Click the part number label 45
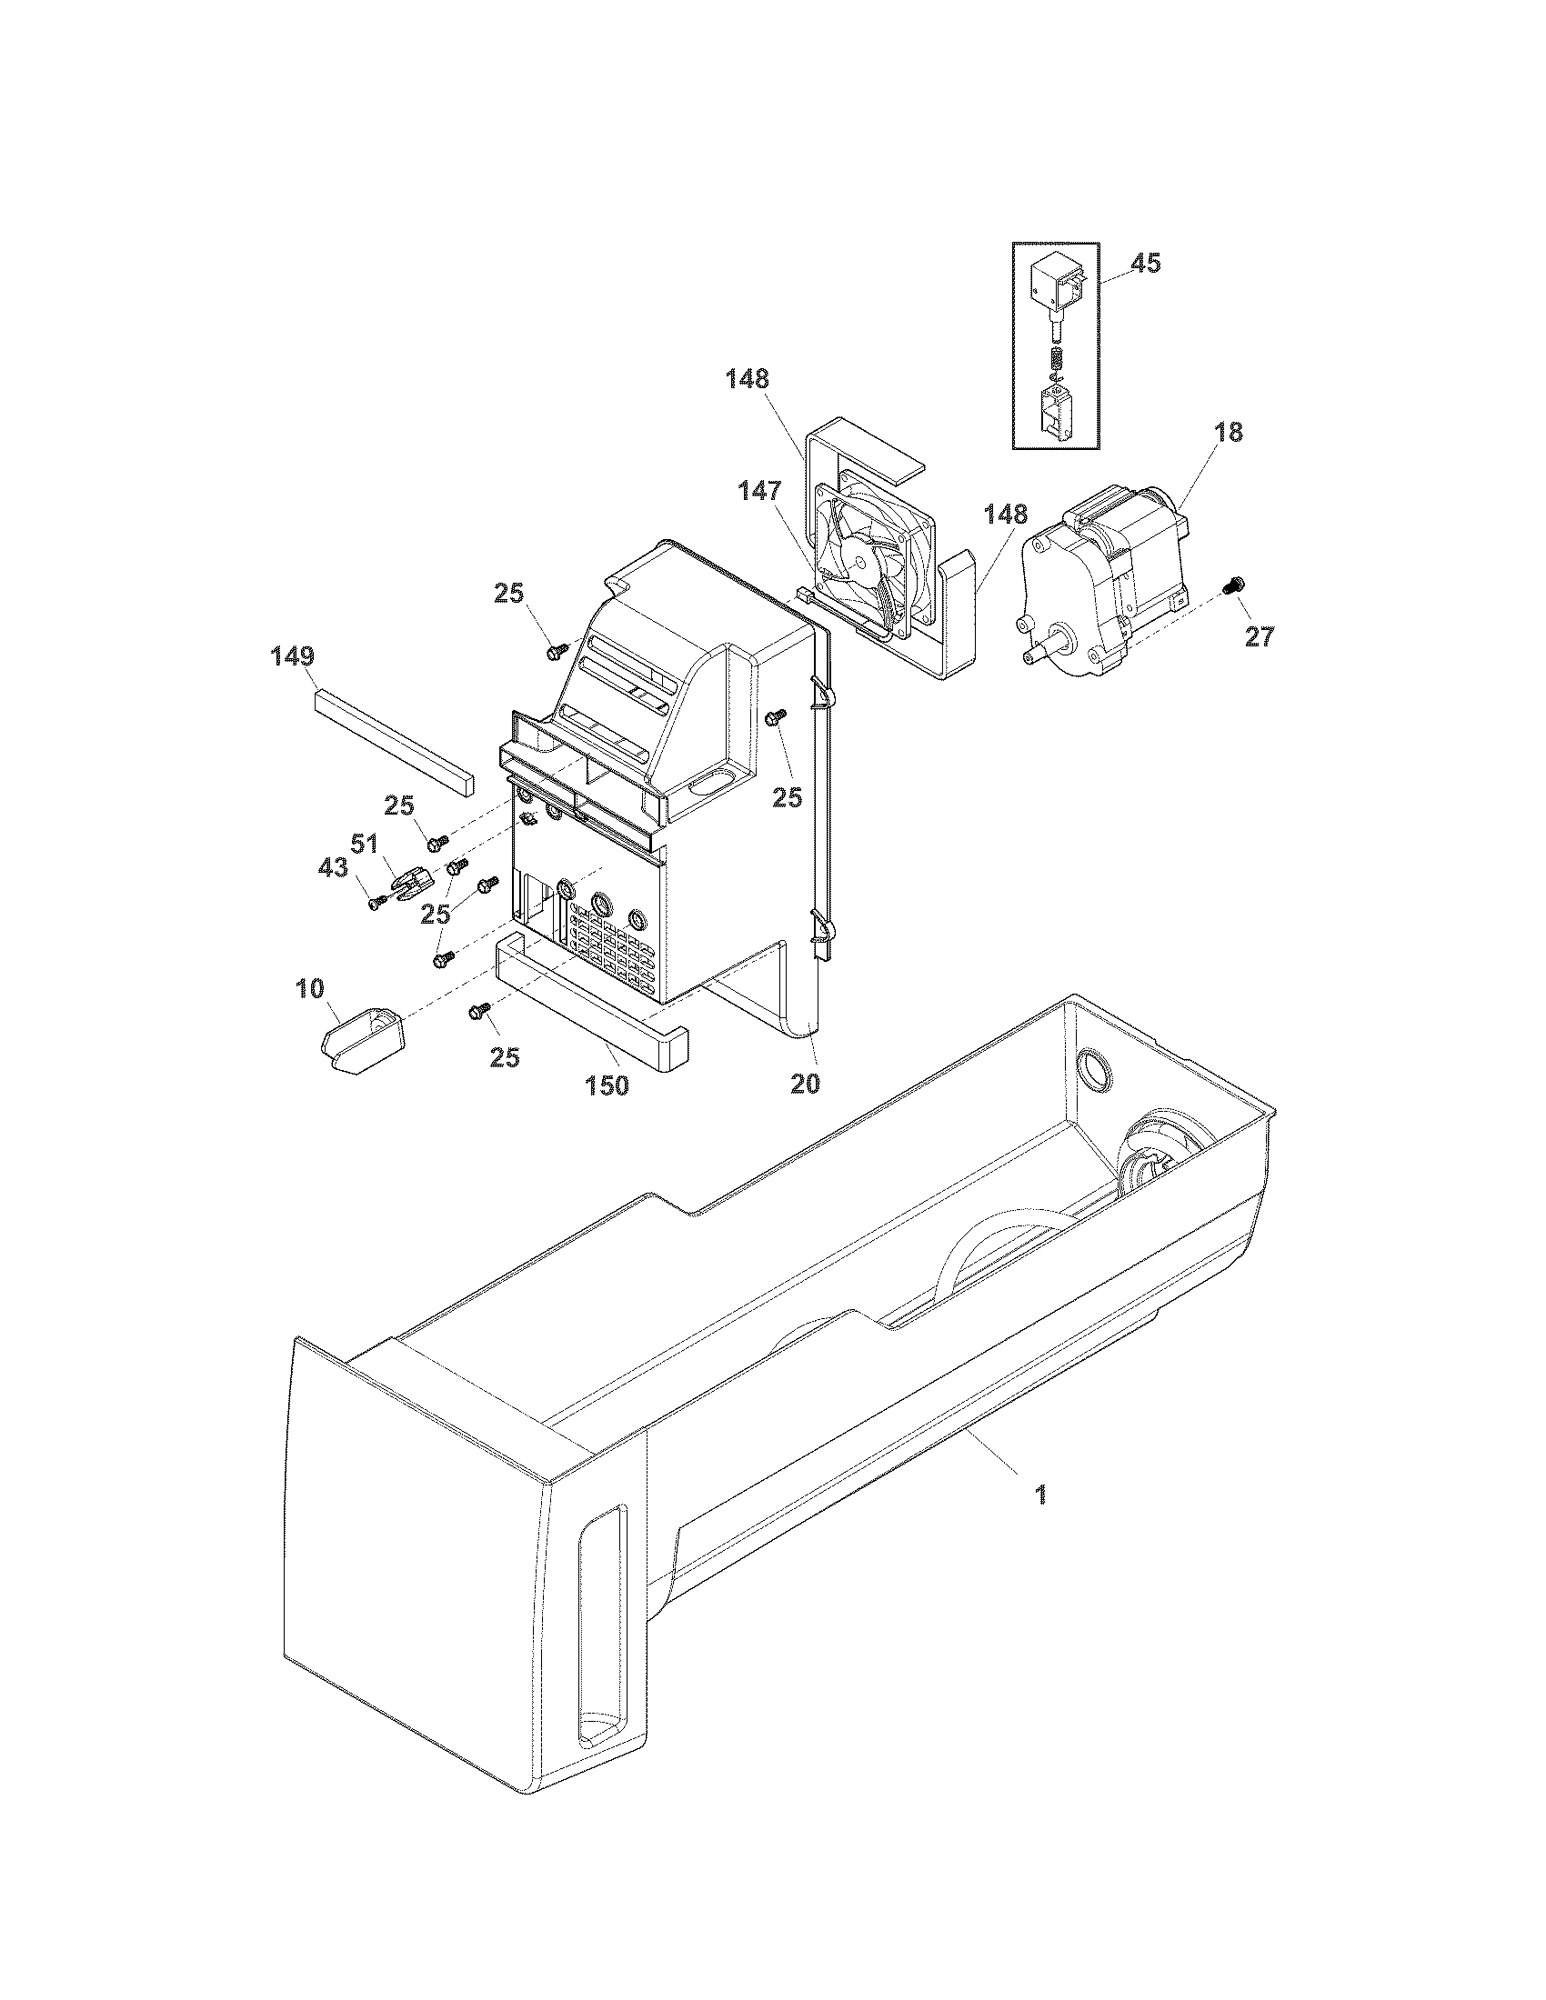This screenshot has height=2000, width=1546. point(1145,264)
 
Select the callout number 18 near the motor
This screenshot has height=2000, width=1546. point(1229,433)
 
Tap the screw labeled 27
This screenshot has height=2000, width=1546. point(1236,582)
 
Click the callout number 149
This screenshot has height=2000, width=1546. point(292,656)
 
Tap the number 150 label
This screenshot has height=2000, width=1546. point(607,1085)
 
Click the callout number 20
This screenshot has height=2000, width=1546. point(805,1084)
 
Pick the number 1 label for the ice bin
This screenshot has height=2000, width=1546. point(1039,1495)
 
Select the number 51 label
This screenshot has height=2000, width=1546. point(366,843)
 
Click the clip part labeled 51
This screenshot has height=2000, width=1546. point(412,883)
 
